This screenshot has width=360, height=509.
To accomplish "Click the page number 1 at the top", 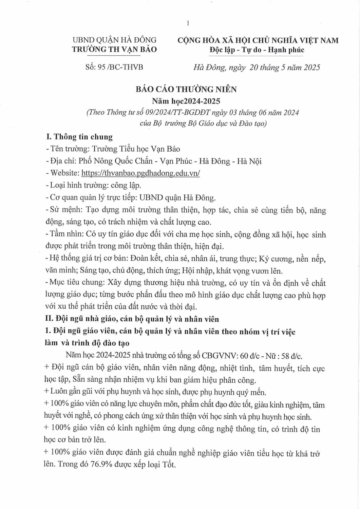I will [x=188, y=23].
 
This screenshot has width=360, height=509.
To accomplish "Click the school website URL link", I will [x=140, y=173].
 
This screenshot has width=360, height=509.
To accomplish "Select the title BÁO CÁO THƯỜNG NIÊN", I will [x=186, y=89].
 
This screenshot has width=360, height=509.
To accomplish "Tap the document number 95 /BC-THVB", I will [x=114, y=67].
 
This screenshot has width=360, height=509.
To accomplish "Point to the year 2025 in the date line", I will [x=312, y=67].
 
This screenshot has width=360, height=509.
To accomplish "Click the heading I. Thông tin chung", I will [x=79, y=137].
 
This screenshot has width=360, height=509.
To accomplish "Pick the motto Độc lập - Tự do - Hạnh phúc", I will [x=257, y=50].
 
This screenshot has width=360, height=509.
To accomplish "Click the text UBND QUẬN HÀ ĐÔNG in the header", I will [x=114, y=40].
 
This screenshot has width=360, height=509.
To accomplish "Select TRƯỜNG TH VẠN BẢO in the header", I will [x=114, y=50].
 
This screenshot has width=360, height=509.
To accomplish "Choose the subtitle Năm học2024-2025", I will [x=186, y=101].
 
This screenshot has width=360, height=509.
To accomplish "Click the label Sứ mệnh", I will [x=65, y=210].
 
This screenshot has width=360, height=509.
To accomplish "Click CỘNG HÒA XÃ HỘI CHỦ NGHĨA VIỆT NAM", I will [x=258, y=40].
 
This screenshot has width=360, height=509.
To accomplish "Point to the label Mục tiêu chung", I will [x=76, y=283].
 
